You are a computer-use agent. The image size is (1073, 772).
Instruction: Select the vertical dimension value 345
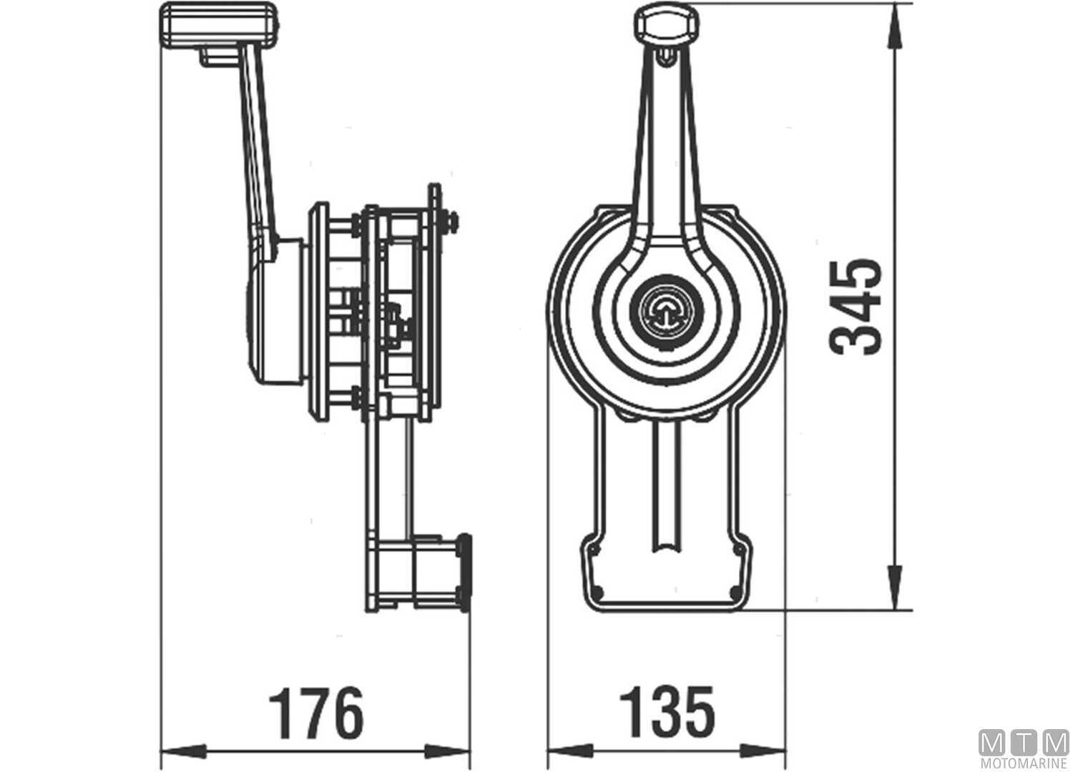coord(856,307)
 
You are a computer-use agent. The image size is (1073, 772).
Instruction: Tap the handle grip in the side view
coord(218,25)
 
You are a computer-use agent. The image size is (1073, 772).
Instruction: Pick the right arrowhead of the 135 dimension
coord(765,751)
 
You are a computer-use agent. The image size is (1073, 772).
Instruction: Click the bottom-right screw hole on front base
coord(735,590)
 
